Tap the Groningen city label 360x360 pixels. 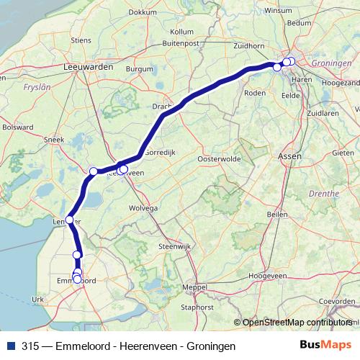pos(333,63)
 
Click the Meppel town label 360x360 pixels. pos(194,287)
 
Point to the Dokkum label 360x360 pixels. pos(142,12)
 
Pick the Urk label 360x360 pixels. pos(38,299)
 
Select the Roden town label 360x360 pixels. pos(256,93)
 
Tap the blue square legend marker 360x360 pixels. pos(10,346)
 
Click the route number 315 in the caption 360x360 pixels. pos(31,346)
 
